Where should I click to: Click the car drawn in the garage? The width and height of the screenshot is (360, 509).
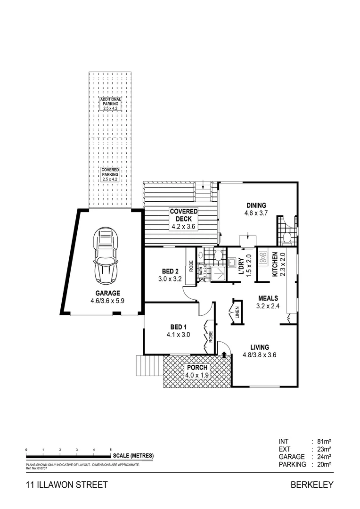point(106,254)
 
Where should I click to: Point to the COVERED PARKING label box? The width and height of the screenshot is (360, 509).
point(110,174)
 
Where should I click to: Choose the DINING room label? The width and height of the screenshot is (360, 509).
point(256,205)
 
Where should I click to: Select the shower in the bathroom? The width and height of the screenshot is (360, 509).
point(217,273)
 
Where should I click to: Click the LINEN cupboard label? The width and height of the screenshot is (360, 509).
point(237,312)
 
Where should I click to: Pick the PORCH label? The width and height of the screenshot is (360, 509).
point(196,368)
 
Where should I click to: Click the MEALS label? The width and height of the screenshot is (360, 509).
point(268,298)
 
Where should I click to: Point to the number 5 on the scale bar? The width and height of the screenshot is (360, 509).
point(111,450)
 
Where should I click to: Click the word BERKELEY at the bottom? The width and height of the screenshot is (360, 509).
point(312,484)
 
